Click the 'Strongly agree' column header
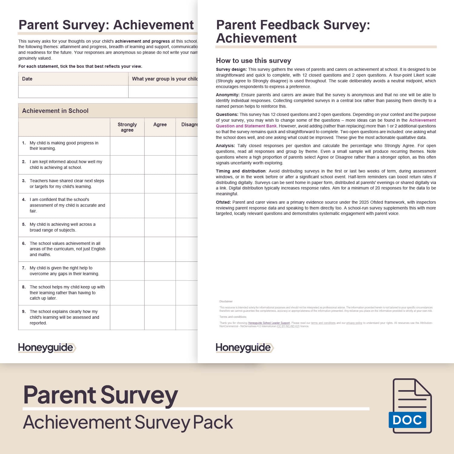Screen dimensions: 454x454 pyautogui.click(x=127, y=127)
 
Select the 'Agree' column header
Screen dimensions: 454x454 pyautogui.click(x=160, y=124)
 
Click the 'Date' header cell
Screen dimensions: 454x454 pyautogui.click(x=27, y=79)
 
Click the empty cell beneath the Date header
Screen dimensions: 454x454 pyautogui.click(x=73, y=91)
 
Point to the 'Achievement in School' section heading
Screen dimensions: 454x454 pyautogui.click(x=55, y=111)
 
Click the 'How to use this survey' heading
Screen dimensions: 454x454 pyautogui.click(x=253, y=61)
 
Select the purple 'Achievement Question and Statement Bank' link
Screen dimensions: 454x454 pyautogui.click(x=246, y=126)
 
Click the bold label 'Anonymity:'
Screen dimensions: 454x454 pyautogui.click(x=228, y=95)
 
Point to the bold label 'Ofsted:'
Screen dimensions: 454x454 pyautogui.click(x=223, y=202)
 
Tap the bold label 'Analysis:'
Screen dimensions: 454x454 pyautogui.click(x=225, y=146)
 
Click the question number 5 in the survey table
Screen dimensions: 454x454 pyautogui.click(x=24, y=224)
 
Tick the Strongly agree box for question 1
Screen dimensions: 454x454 pyautogui.click(x=127, y=146)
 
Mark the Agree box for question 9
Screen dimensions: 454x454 pyautogui.click(x=160, y=317)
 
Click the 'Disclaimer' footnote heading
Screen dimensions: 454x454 pyautogui.click(x=226, y=301)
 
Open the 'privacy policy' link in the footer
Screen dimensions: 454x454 pyautogui.click(x=354, y=323)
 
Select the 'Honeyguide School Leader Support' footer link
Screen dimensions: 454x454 pyautogui.click(x=269, y=323)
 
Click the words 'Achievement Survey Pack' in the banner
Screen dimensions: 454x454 pyautogui.click(x=128, y=422)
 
